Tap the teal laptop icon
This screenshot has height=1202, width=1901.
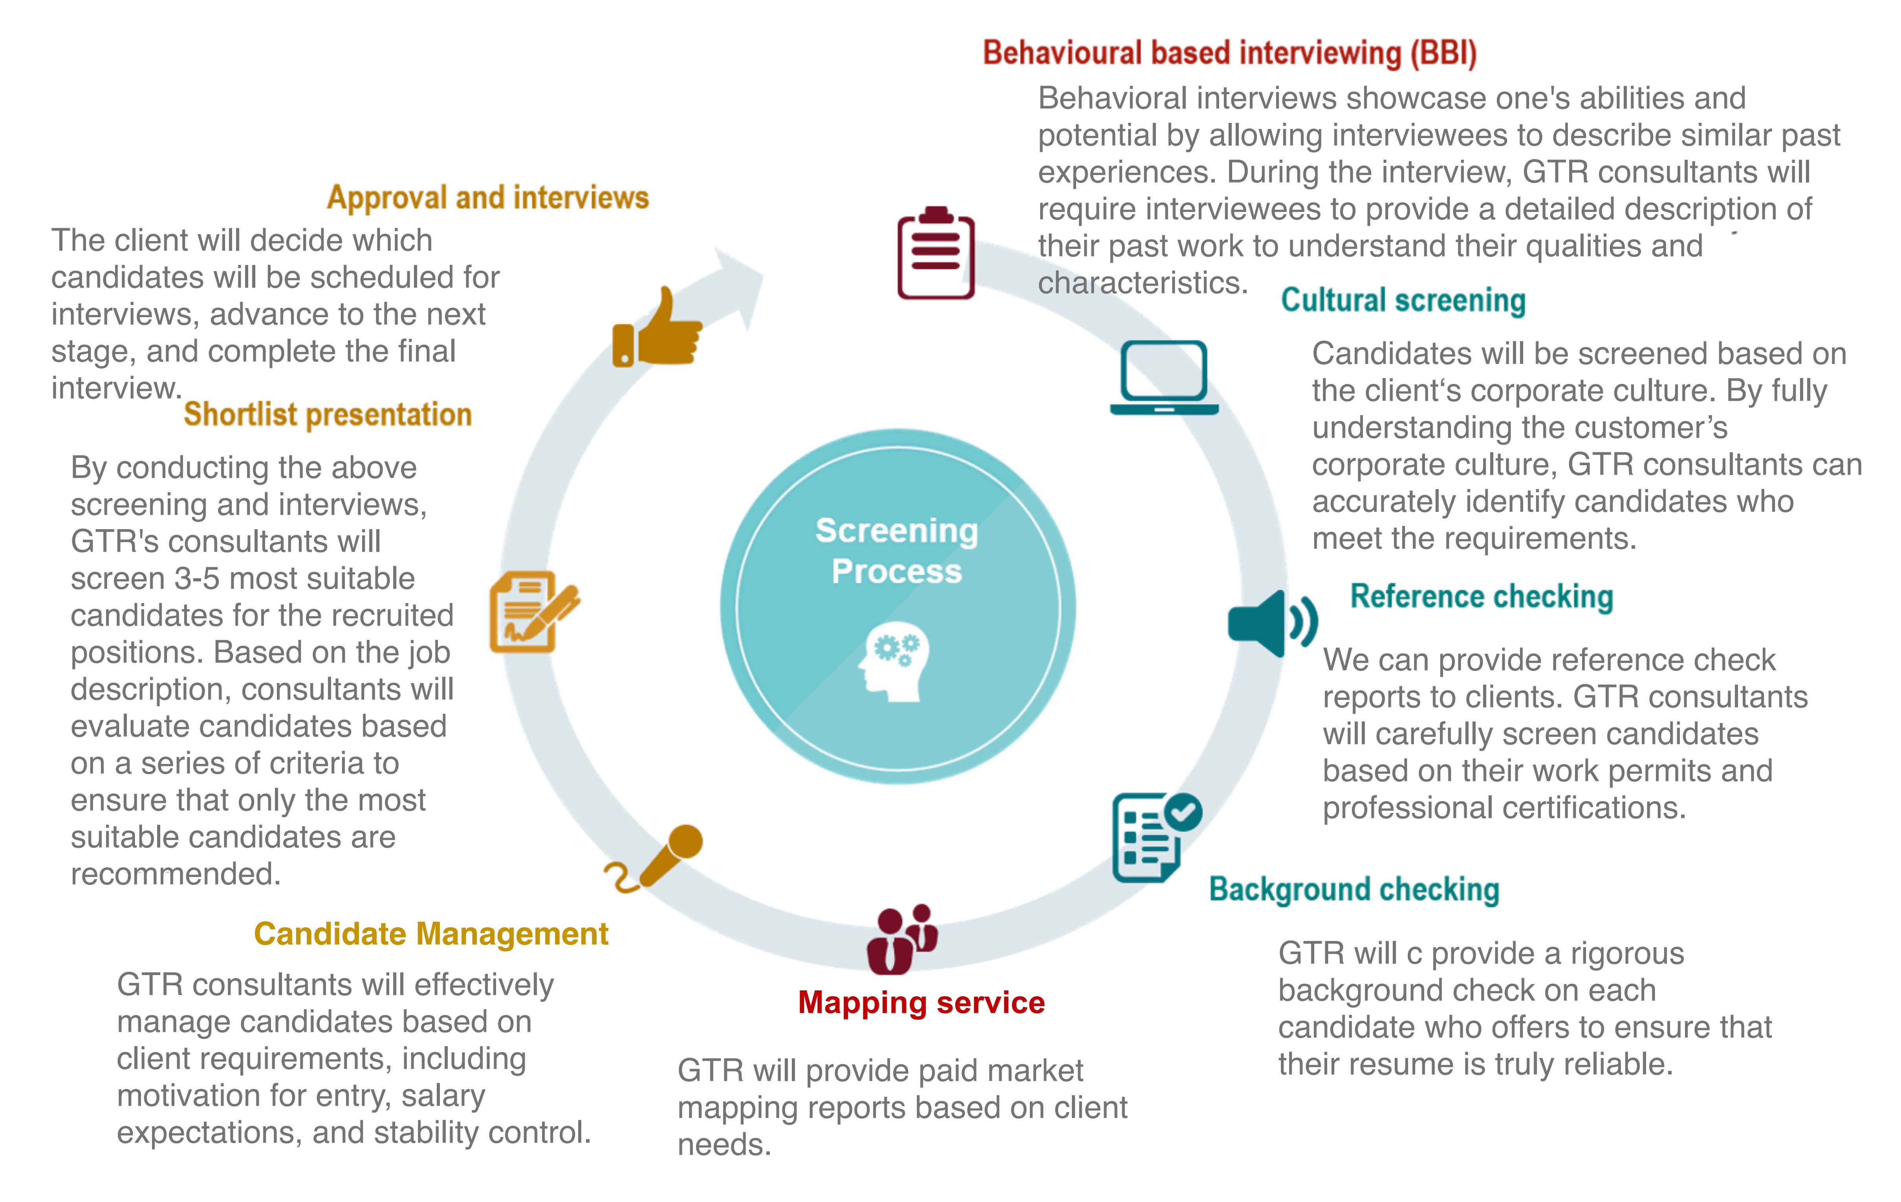click(x=1164, y=377)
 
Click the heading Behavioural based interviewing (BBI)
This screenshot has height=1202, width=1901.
click(x=1229, y=53)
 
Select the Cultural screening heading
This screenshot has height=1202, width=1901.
click(x=1403, y=301)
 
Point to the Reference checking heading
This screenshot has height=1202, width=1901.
click(x=1481, y=597)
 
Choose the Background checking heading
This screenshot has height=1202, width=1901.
click(x=1354, y=890)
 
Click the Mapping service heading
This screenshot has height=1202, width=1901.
click(x=921, y=1002)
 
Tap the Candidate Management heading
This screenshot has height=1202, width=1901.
click(x=431, y=933)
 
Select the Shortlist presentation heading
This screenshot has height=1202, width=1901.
click(x=328, y=415)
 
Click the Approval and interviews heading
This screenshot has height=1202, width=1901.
click(x=488, y=197)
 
